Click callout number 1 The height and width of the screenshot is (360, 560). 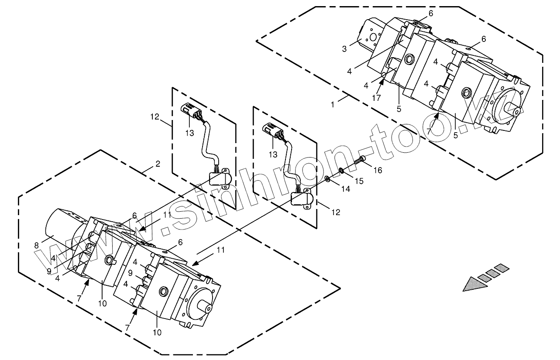[x=333, y=105]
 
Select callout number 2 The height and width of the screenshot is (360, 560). [x=158, y=164]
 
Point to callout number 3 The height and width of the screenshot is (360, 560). [x=344, y=49]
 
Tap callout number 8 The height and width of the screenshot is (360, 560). [x=37, y=246]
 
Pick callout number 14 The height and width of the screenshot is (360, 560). [x=346, y=189]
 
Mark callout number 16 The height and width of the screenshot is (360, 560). [x=378, y=170]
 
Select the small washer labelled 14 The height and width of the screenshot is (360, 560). [x=326, y=178]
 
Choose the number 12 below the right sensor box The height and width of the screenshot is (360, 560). [x=335, y=213]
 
